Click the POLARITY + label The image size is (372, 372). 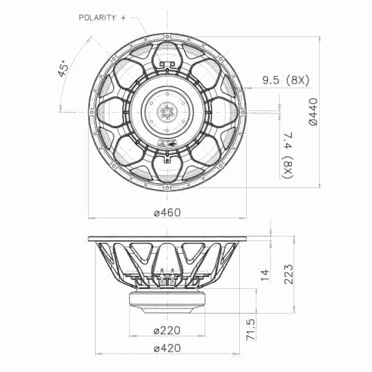click(x=102, y=17)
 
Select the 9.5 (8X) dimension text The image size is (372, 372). click(x=286, y=80)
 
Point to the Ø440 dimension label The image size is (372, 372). click(x=313, y=112)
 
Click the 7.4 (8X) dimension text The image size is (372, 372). click(x=288, y=155)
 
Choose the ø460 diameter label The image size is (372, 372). click(x=167, y=212)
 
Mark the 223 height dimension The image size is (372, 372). click(x=289, y=274)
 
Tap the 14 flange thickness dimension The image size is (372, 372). click(x=265, y=275)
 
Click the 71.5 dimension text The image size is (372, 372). click(x=250, y=330)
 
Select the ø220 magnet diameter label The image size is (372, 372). click(x=167, y=330)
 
